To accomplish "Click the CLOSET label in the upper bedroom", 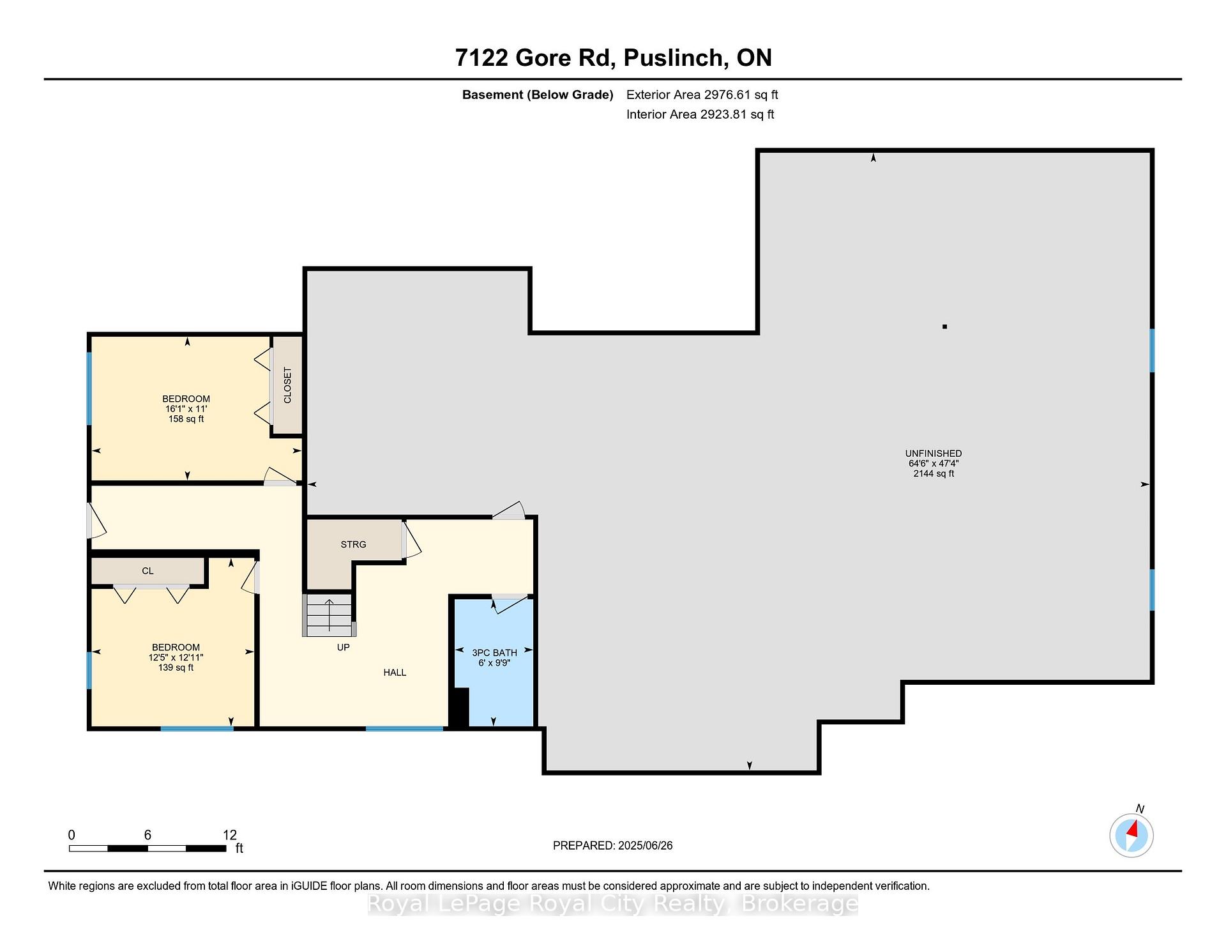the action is tap(287, 385).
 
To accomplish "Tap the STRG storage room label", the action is tap(353, 544).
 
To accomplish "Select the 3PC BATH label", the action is tap(494, 653).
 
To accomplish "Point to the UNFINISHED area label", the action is tap(934, 454).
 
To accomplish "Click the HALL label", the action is tap(395, 672).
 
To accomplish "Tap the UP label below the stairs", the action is tap(344, 647).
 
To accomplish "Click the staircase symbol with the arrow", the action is tap(329, 615).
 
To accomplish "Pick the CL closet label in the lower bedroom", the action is tap(148, 571).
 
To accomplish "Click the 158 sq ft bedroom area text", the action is tap(186, 419).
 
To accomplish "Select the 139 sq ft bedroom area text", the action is tap(176, 668).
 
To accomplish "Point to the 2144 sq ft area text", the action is tap(934, 473).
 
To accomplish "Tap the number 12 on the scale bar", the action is tap(230, 835).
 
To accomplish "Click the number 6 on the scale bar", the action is tap(148, 835).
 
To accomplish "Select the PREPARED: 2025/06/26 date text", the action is tap(613, 846).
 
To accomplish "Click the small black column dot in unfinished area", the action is tap(944, 326).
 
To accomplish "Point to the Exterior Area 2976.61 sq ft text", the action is tap(702, 95).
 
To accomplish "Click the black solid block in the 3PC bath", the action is tap(460, 707).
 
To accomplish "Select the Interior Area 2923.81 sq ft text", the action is tap(700, 114).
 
